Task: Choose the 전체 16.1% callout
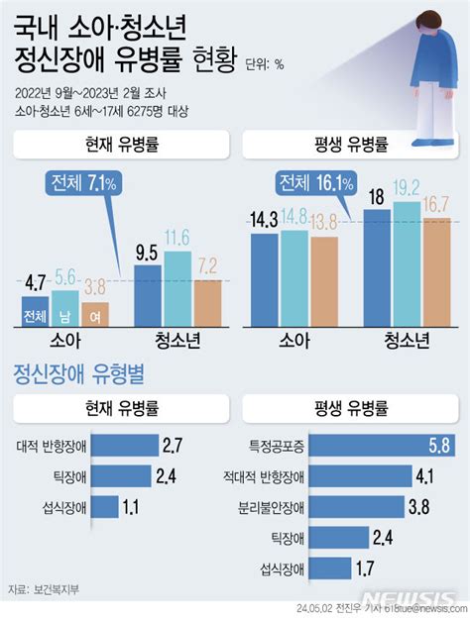[315, 183]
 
